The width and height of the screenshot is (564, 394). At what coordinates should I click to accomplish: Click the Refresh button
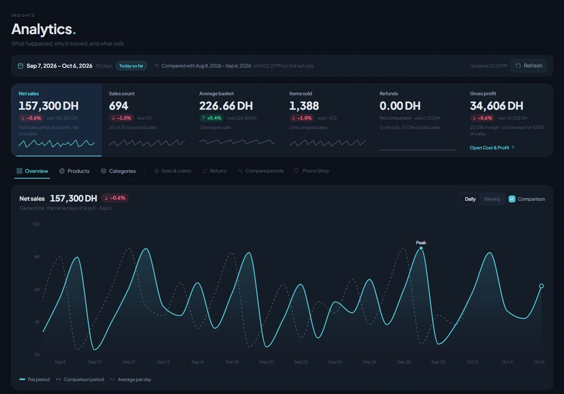tap(529, 66)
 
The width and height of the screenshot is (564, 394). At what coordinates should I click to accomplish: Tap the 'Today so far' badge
tap(131, 66)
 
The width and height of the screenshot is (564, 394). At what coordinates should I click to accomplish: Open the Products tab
tap(74, 171)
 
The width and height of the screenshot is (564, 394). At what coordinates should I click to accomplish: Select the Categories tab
tap(118, 171)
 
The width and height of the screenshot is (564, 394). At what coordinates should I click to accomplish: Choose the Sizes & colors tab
tap(173, 171)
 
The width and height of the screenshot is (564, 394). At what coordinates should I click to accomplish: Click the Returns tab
tap(214, 171)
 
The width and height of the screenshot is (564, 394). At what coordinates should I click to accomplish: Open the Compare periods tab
tap(261, 171)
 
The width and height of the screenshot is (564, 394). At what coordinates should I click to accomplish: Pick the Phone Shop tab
tap(312, 171)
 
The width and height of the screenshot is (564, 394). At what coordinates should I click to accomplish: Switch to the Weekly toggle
tap(492, 199)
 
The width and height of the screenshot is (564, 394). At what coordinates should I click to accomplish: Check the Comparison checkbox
tap(512, 199)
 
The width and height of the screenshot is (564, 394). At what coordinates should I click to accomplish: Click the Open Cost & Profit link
tap(492, 148)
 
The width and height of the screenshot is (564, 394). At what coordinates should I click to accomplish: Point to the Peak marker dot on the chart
tap(421, 248)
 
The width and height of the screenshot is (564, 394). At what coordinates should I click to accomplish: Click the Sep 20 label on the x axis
tap(266, 362)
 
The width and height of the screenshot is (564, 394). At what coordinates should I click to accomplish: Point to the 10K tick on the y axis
tap(36, 224)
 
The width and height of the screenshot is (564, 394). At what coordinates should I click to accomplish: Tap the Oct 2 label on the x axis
tap(473, 362)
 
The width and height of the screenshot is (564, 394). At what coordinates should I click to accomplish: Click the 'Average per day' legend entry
tap(131, 380)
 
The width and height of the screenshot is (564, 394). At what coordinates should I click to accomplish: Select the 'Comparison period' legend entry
tap(80, 380)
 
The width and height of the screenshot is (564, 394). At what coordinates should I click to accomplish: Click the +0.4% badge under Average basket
tap(211, 118)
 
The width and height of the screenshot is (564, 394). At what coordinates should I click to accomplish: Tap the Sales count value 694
tap(119, 106)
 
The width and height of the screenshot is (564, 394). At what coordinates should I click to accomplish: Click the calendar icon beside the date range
tap(20, 66)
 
